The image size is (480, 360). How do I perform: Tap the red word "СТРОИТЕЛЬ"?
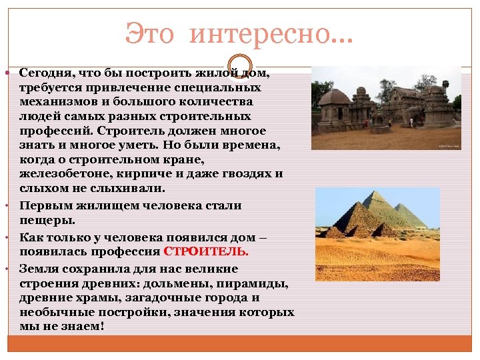[215, 252]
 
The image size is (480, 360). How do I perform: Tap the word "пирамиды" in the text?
[259, 283]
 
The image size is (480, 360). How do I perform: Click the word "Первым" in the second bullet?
[41, 205]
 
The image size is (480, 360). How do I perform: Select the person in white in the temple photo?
[411, 122]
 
